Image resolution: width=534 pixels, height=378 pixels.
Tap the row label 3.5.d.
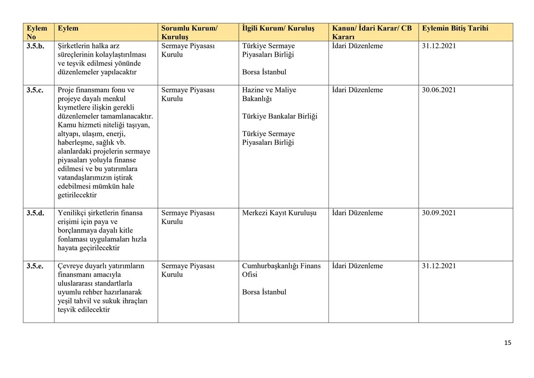pyautogui.click(x=35, y=213)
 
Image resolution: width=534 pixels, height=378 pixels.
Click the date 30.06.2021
pyautogui.click(x=438, y=90)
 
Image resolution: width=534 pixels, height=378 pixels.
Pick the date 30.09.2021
pyautogui.click(x=438, y=213)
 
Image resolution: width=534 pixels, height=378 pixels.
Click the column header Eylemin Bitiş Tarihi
pyautogui.click(x=454, y=28)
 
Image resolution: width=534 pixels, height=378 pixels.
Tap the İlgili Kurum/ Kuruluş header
pyautogui.click(x=278, y=28)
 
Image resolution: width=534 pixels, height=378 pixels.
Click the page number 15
pyautogui.click(x=507, y=343)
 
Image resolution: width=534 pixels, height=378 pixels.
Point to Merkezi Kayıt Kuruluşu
pyautogui.click(x=279, y=213)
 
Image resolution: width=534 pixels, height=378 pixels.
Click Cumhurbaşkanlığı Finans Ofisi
pyautogui.click(x=281, y=270)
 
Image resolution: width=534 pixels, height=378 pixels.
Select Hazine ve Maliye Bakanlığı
pyautogui.click(x=269, y=94)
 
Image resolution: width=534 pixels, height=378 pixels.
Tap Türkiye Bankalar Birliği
pyautogui.click(x=279, y=116)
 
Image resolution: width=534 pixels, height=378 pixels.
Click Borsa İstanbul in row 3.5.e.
pyautogui.click(x=264, y=292)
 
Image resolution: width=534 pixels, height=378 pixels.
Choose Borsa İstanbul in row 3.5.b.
pyautogui.click(x=264, y=72)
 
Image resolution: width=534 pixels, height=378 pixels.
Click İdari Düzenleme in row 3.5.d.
pyautogui.click(x=357, y=213)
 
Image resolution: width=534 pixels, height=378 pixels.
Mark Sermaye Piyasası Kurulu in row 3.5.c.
pyautogui.click(x=187, y=94)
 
